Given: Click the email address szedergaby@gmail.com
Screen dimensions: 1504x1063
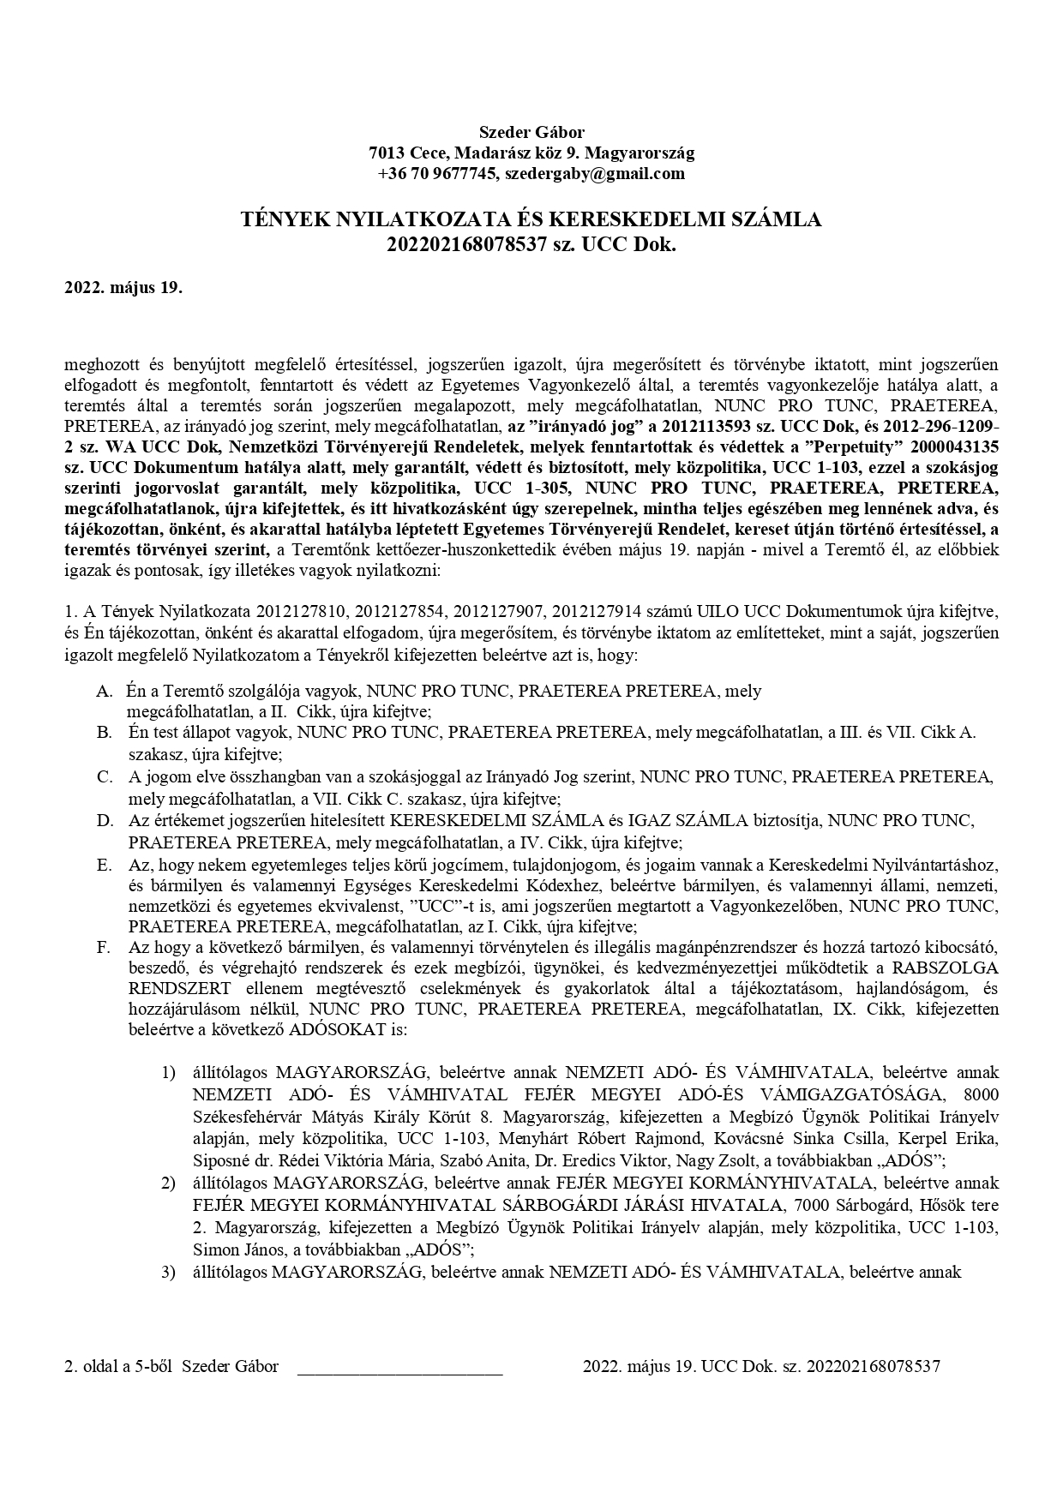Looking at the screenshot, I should pos(594,174).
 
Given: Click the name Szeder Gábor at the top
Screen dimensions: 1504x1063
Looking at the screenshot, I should pos(531,132).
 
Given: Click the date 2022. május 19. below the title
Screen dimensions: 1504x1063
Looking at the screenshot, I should pos(123,287).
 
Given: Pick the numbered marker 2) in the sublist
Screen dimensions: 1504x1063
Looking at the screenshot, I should pos(169,1183).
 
